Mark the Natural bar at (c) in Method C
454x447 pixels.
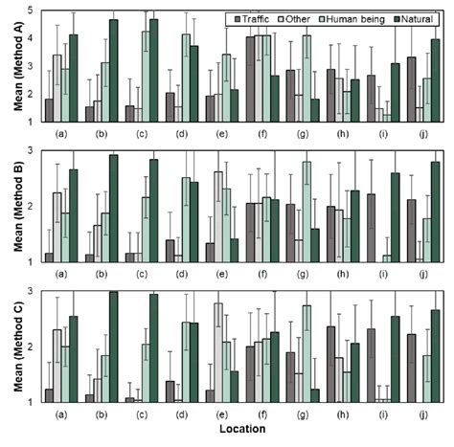tap(154, 348)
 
